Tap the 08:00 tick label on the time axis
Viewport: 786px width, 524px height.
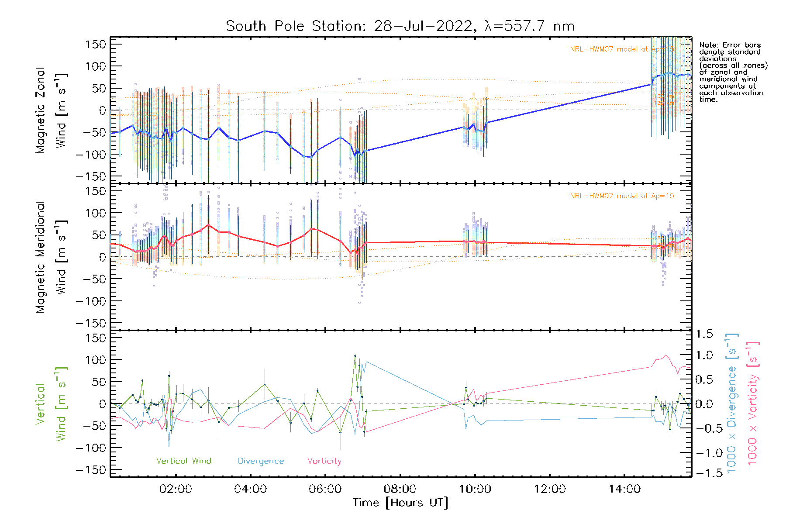(400, 489)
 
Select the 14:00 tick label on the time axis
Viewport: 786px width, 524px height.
(624, 489)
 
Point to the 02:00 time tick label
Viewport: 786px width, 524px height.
(176, 489)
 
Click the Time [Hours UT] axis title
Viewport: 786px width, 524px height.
(400, 503)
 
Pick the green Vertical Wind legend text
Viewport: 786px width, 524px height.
(183, 461)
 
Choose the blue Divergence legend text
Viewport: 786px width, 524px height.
(261, 461)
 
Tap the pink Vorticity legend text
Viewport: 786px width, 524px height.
(324, 461)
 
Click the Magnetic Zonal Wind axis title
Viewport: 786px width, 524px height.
(51, 110)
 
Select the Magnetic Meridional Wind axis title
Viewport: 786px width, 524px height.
(51, 257)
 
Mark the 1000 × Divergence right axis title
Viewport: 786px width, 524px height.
(732, 403)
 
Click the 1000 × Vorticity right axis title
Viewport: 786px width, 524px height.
(753, 403)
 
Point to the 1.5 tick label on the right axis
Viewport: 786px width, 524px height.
(704, 334)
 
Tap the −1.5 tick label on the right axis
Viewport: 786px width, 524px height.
(704, 473)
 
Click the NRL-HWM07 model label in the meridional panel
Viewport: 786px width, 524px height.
(622, 196)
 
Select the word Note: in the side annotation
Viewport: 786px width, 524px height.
(709, 45)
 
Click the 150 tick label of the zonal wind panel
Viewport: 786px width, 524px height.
(96, 44)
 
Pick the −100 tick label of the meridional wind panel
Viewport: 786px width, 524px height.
(91, 301)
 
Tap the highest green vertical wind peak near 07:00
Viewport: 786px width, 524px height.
(355, 356)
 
